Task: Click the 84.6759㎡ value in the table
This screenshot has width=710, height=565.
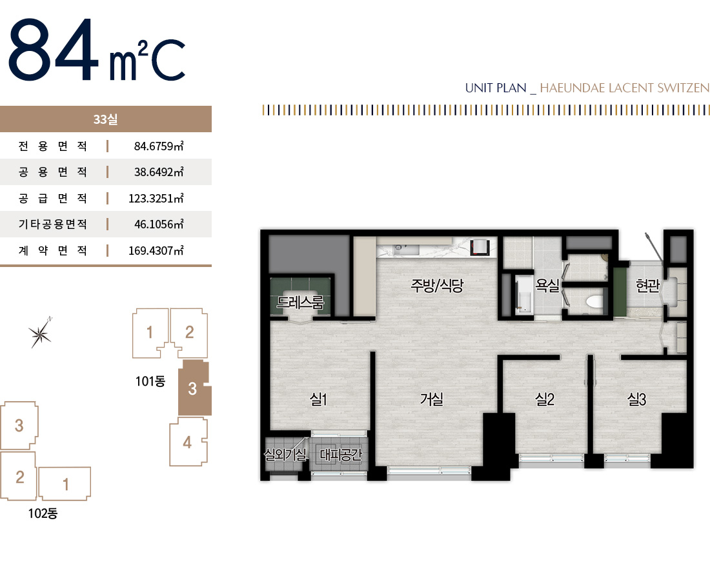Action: (x=159, y=146)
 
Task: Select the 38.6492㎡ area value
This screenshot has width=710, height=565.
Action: (x=159, y=172)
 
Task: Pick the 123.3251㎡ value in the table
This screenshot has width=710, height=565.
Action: (x=156, y=198)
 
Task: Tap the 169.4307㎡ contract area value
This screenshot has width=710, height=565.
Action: (x=156, y=250)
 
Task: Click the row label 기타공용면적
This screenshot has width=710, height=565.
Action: (x=52, y=224)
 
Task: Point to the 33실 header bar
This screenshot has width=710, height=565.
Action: (x=105, y=119)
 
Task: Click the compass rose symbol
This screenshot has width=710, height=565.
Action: (x=40, y=333)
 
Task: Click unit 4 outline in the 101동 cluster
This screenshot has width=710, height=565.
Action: (x=188, y=442)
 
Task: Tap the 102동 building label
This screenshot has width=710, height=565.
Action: (x=43, y=513)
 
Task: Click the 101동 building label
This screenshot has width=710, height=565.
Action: (x=150, y=381)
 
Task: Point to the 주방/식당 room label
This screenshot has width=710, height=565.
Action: (x=437, y=285)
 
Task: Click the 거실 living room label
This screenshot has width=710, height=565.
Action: (x=432, y=399)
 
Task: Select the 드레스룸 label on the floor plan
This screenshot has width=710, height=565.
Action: (x=301, y=302)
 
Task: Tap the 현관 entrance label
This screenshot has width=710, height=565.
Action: (x=647, y=285)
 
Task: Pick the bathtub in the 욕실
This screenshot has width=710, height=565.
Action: (x=523, y=295)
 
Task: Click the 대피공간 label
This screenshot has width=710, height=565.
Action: (x=341, y=454)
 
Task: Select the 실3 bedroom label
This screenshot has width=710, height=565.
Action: (x=636, y=399)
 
